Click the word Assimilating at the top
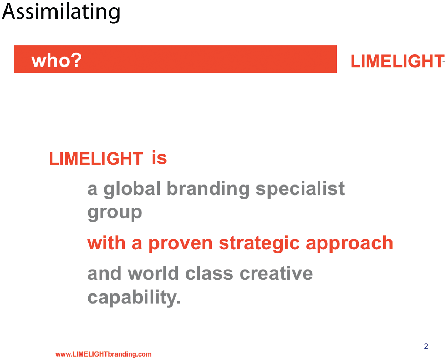(x=61, y=12)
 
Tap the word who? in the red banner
(x=57, y=60)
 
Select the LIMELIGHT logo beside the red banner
(x=397, y=61)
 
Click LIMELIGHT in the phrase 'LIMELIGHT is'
(x=96, y=159)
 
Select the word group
(x=114, y=213)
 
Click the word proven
(x=180, y=243)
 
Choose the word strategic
(x=259, y=243)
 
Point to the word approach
(x=349, y=243)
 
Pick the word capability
(x=134, y=298)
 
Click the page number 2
(x=426, y=346)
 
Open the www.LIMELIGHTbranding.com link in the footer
(x=103, y=354)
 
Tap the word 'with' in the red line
(x=106, y=242)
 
